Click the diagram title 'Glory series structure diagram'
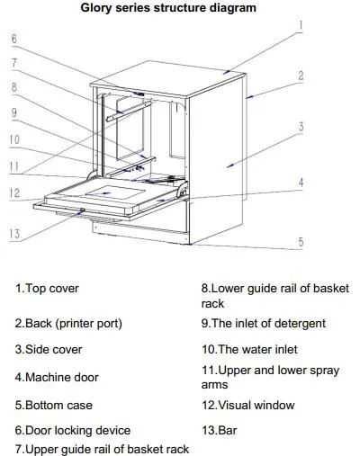[168, 8]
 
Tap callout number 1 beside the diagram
[301, 26]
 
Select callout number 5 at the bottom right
[301, 242]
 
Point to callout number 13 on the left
[14, 234]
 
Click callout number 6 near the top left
[14, 39]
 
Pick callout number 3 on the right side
[301, 127]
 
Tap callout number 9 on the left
[14, 112]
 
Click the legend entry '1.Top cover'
[47, 289]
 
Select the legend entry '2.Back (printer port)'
[68, 324]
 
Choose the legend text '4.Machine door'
[57, 377]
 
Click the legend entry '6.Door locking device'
[73, 431]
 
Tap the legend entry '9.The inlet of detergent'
[264, 324]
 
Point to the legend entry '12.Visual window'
[248, 406]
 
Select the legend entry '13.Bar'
[220, 431]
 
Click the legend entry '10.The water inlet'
[249, 350]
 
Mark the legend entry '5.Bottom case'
[54, 406]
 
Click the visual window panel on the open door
[115, 193]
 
